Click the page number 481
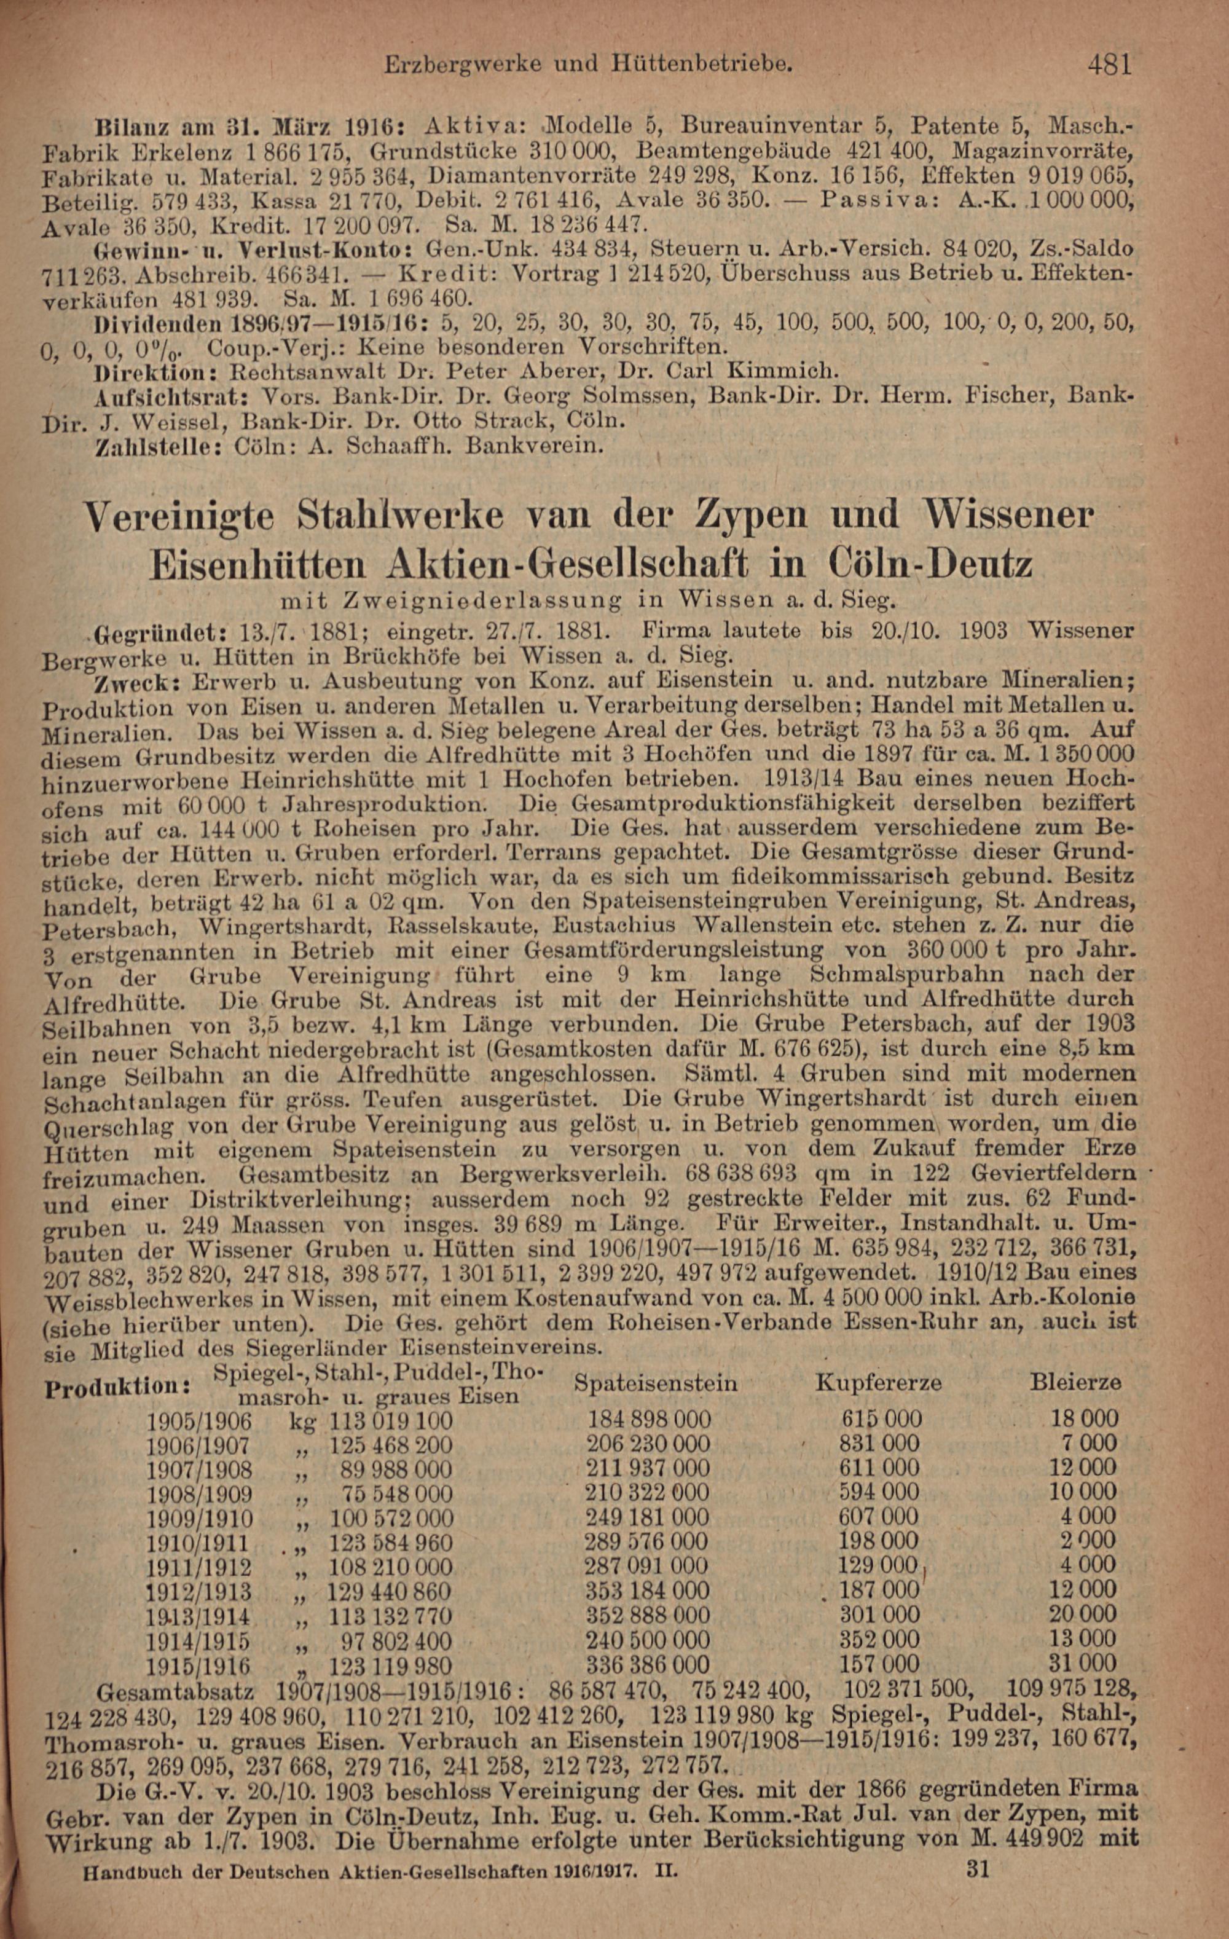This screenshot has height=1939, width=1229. coord(1109,64)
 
